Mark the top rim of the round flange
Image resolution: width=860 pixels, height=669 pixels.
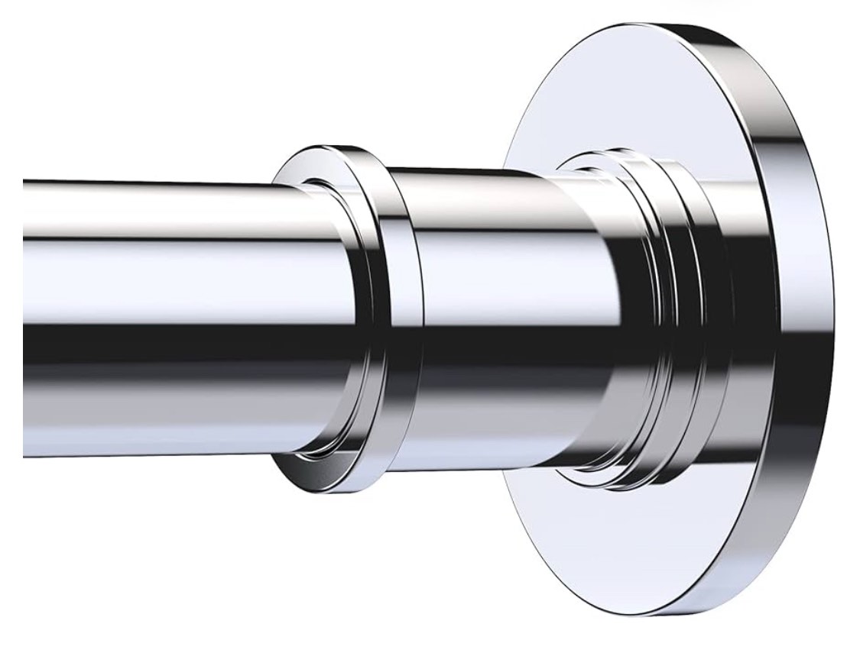tap(688, 31)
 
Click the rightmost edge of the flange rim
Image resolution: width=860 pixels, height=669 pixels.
tap(833, 321)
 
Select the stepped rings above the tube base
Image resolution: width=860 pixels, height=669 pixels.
tap(634, 164)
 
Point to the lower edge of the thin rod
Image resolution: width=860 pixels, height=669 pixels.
tap(153, 456)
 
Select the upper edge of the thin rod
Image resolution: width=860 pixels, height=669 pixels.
tap(153, 183)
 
